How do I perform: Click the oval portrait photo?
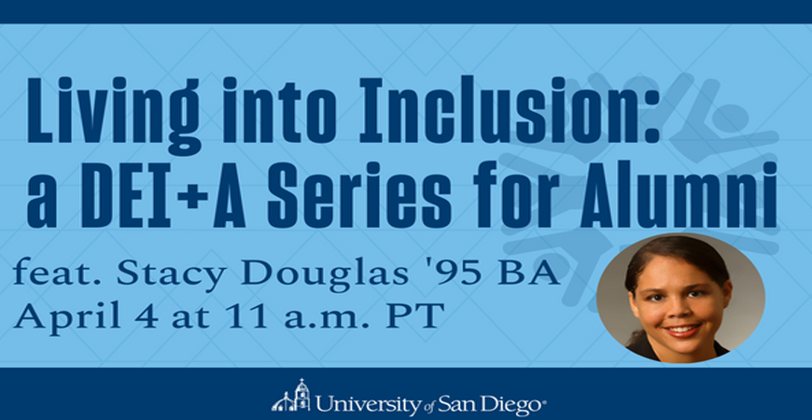[x=680, y=298]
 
